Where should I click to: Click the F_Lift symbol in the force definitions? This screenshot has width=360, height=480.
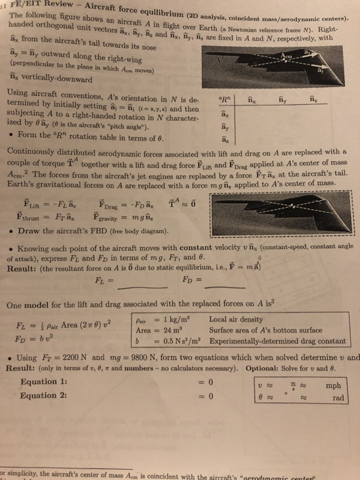[32, 204]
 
